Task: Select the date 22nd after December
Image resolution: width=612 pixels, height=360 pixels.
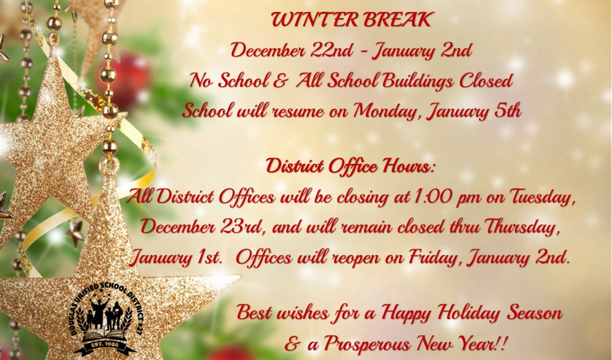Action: (334, 51)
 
